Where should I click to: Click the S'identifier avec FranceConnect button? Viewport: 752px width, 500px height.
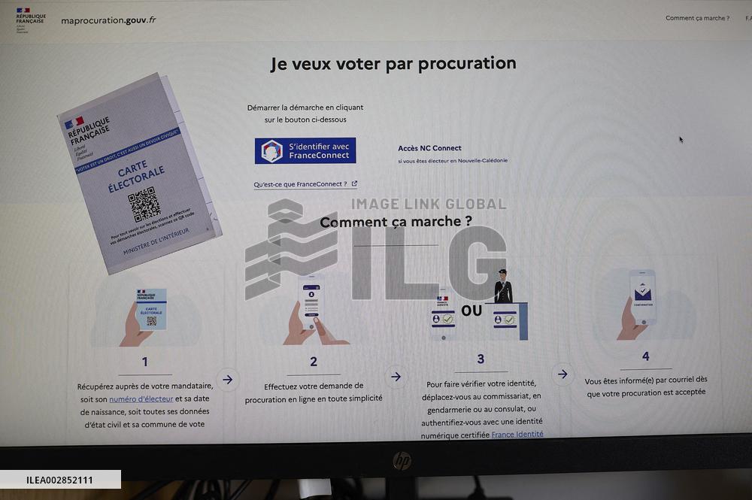[305, 150]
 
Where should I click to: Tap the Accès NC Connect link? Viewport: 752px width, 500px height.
[429, 148]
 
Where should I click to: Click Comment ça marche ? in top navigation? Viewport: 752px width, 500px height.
[697, 18]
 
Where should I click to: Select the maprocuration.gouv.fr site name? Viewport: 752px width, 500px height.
[108, 20]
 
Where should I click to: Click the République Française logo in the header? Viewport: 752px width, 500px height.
[30, 20]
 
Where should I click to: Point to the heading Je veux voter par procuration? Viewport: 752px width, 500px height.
[393, 64]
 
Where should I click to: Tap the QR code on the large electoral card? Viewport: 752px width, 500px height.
[144, 204]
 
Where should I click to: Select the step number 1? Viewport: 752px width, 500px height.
[145, 362]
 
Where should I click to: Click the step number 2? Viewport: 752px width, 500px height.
[314, 362]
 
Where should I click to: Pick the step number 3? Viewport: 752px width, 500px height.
[481, 359]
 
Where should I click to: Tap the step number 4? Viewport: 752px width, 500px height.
[645, 356]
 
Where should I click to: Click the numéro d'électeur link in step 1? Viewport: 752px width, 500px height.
[141, 398]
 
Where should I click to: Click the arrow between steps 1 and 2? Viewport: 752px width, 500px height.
[227, 380]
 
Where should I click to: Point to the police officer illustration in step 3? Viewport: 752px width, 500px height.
[503, 287]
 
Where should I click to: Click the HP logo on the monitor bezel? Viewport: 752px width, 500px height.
[402, 460]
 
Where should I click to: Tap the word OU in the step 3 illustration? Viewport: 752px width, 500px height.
[472, 311]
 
